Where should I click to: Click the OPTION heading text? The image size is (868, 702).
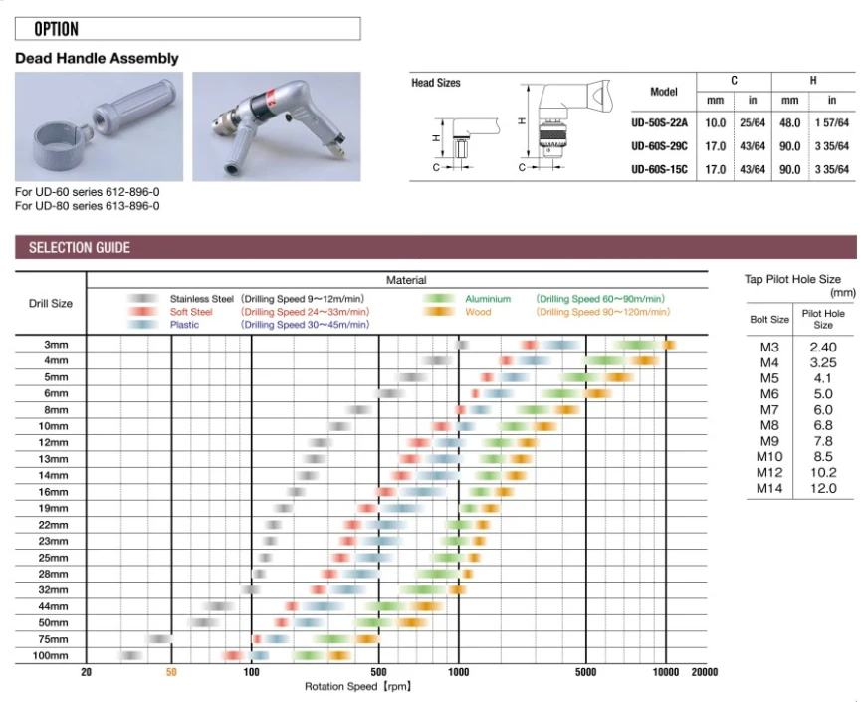(56, 29)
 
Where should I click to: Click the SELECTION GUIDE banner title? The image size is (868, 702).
(80, 248)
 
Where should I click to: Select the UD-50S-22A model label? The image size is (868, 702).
(659, 122)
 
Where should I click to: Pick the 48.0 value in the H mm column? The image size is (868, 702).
(789, 122)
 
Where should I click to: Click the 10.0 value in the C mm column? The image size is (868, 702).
(715, 122)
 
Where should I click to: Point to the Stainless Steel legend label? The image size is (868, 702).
(201, 299)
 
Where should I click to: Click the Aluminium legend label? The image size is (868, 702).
(488, 299)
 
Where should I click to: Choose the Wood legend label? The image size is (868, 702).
(478, 312)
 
